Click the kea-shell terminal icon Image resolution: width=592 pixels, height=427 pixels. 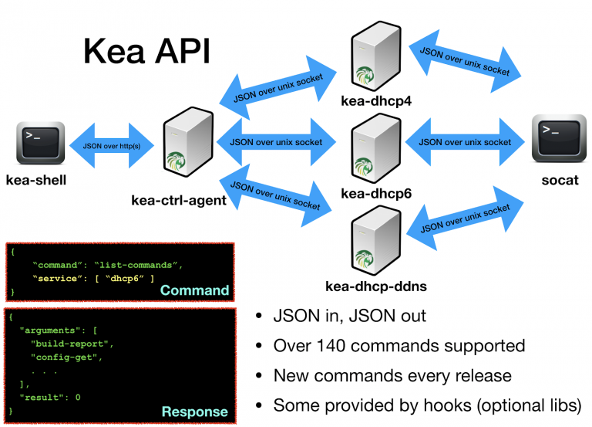(x=36, y=143)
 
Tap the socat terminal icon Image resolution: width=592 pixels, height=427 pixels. (x=554, y=139)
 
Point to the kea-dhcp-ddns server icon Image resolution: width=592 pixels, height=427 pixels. (x=375, y=243)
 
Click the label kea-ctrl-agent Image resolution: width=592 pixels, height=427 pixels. (x=179, y=201)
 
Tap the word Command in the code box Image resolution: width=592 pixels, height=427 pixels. (x=195, y=290)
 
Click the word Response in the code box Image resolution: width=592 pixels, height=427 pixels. (x=194, y=412)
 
